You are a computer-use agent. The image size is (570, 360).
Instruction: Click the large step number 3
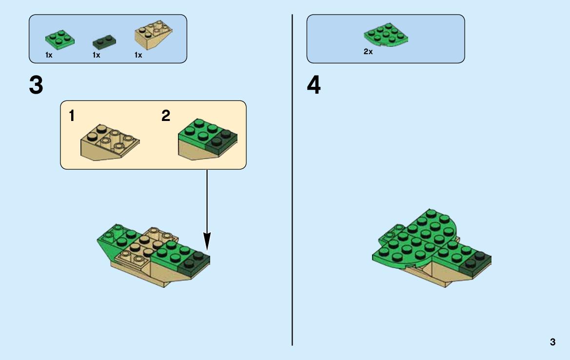click(x=36, y=85)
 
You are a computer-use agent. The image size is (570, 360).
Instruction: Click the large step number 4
click(x=314, y=85)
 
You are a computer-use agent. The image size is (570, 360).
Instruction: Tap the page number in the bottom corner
click(x=552, y=342)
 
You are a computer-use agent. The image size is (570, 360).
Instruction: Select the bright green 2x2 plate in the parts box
click(x=59, y=39)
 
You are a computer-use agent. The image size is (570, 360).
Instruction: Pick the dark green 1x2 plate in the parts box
click(x=104, y=42)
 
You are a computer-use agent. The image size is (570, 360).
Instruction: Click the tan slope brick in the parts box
click(x=153, y=35)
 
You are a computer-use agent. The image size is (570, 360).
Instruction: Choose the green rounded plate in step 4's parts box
click(x=386, y=35)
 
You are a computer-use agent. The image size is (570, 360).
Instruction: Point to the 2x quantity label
click(x=368, y=52)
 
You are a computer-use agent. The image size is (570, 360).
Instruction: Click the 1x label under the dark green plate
click(x=96, y=55)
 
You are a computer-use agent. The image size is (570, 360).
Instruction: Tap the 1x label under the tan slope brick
click(x=138, y=55)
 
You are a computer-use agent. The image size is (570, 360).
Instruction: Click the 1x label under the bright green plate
click(x=49, y=55)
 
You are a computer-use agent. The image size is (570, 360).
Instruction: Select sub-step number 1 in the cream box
click(x=72, y=116)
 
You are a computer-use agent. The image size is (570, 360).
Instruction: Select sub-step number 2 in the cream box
click(x=166, y=116)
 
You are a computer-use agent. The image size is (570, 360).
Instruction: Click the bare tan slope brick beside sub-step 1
click(x=110, y=142)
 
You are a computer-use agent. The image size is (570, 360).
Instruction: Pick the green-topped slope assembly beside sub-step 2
click(x=208, y=140)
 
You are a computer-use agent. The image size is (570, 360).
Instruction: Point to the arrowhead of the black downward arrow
click(x=207, y=241)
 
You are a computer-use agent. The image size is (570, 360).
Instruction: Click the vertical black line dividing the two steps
click(x=292, y=180)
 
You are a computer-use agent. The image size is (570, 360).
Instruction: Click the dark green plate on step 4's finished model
click(x=475, y=260)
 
